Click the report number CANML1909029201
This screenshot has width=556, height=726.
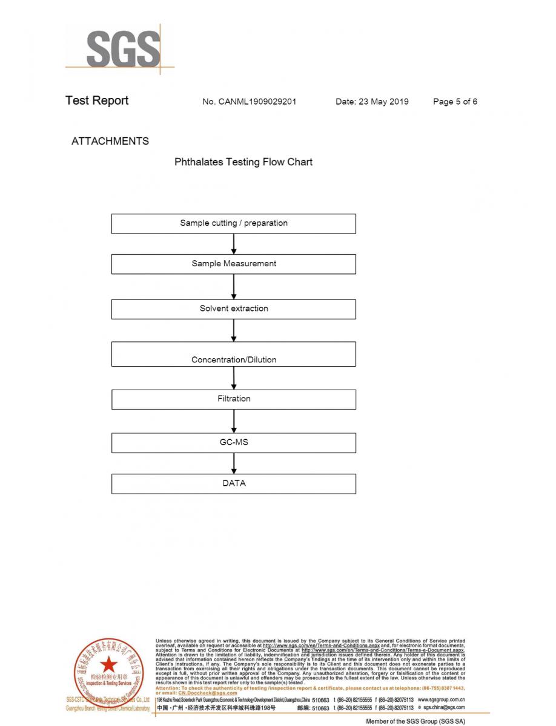pyautogui.click(x=249, y=102)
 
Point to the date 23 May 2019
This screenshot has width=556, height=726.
pyautogui.click(x=372, y=102)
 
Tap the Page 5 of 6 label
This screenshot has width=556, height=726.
pyautogui.click(x=455, y=102)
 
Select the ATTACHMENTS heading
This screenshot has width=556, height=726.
pyautogui.click(x=110, y=141)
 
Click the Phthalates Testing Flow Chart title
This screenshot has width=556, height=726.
pyautogui.click(x=243, y=162)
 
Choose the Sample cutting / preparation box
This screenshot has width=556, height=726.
pyautogui.click(x=234, y=223)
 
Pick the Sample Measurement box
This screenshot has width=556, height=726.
pyautogui.click(x=234, y=264)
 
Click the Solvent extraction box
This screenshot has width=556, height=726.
pyautogui.click(x=234, y=309)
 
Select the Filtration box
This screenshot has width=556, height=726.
pyautogui.click(x=234, y=399)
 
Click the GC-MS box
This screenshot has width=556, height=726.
pyautogui.click(x=234, y=443)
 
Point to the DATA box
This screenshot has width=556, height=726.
pyautogui.click(x=234, y=483)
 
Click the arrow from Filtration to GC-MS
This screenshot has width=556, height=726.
pyautogui.click(x=234, y=421)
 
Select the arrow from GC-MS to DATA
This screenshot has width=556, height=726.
pyautogui.click(x=234, y=463)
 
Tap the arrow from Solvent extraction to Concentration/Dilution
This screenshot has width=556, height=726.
pyautogui.click(x=234, y=330)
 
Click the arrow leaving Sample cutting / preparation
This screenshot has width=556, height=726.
pyautogui.click(x=234, y=244)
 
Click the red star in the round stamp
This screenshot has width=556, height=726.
pyautogui.click(x=110, y=664)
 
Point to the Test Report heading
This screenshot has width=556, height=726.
pyautogui.click(x=97, y=101)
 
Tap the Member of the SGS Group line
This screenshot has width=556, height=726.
pyautogui.click(x=415, y=721)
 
